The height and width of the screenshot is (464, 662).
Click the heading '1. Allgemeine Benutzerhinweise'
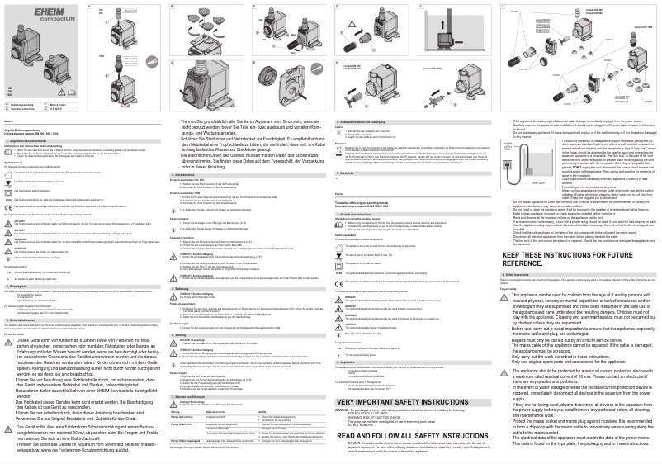click(x=29, y=143)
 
